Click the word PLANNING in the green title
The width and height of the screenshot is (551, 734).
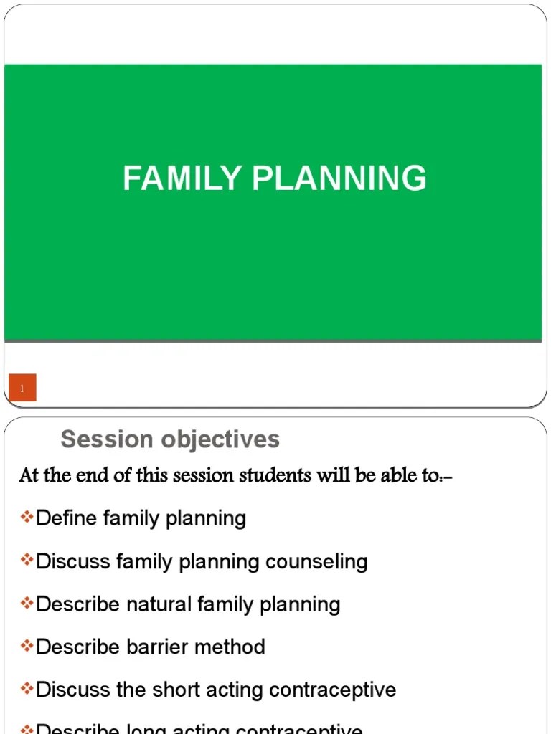click(x=339, y=178)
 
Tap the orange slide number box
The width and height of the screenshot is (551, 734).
click(x=22, y=388)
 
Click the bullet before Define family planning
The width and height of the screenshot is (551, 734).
click(x=27, y=518)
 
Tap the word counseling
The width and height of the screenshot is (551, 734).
click(x=316, y=561)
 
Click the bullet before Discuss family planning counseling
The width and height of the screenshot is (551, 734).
click(x=27, y=561)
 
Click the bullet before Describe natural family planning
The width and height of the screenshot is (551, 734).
click(x=27, y=604)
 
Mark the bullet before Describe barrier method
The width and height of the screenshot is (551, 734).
click(x=27, y=647)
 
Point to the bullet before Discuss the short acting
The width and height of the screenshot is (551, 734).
click(x=27, y=690)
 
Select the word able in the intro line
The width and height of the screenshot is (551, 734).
click(x=388, y=475)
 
